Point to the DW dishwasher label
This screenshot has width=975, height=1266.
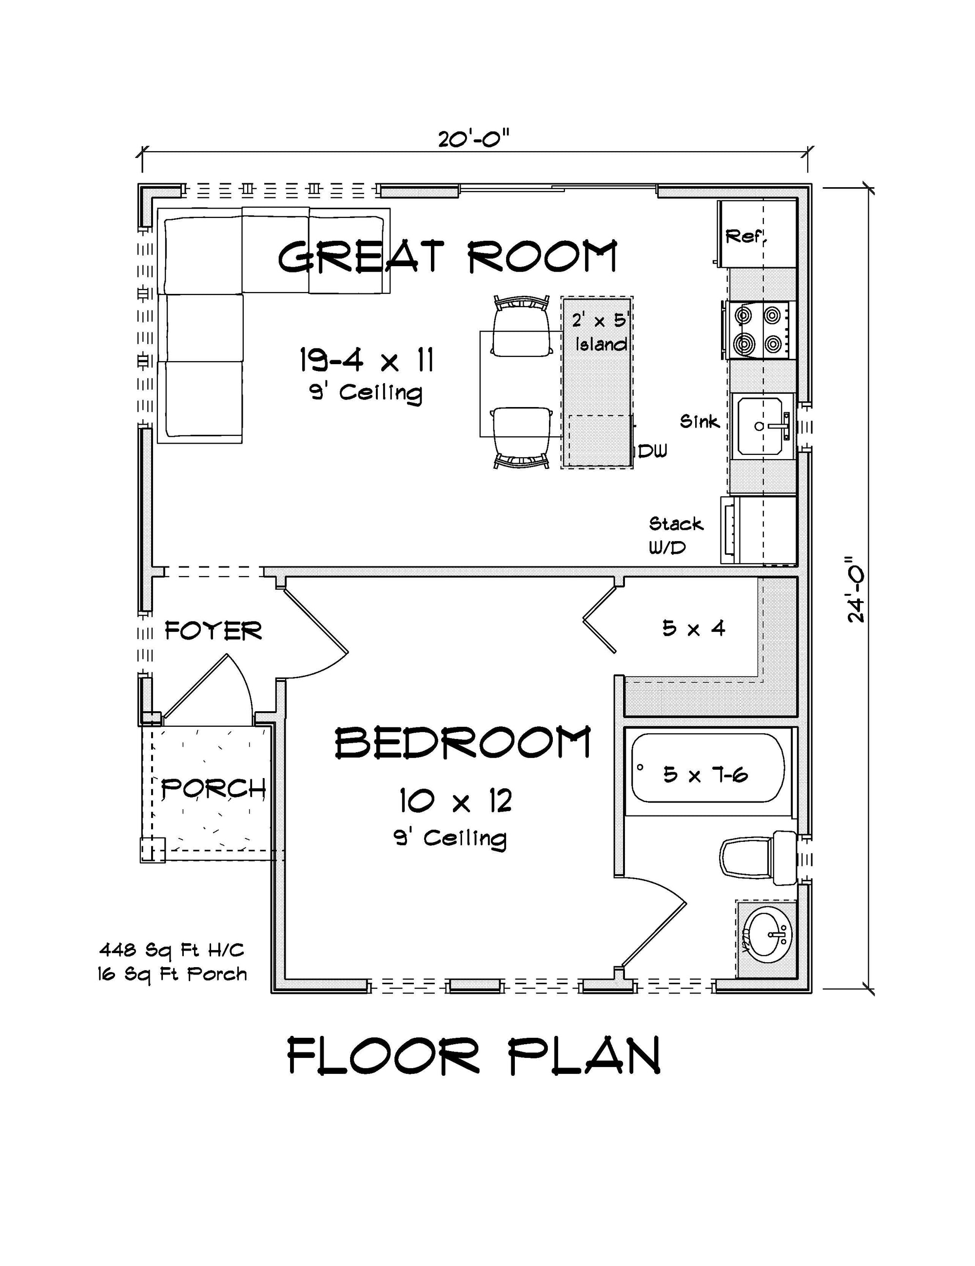pyautogui.click(x=653, y=450)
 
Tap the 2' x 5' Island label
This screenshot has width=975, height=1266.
pyautogui.click(x=601, y=332)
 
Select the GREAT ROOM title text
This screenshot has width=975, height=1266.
pyautogui.click(x=448, y=257)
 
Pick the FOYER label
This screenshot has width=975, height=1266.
pyautogui.click(x=214, y=631)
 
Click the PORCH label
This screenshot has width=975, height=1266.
pyautogui.click(x=213, y=788)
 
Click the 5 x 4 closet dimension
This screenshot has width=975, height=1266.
pyautogui.click(x=694, y=628)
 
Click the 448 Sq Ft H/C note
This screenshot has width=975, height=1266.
pyautogui.click(x=172, y=950)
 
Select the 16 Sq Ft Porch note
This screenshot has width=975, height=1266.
pyautogui.click(x=172, y=974)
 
